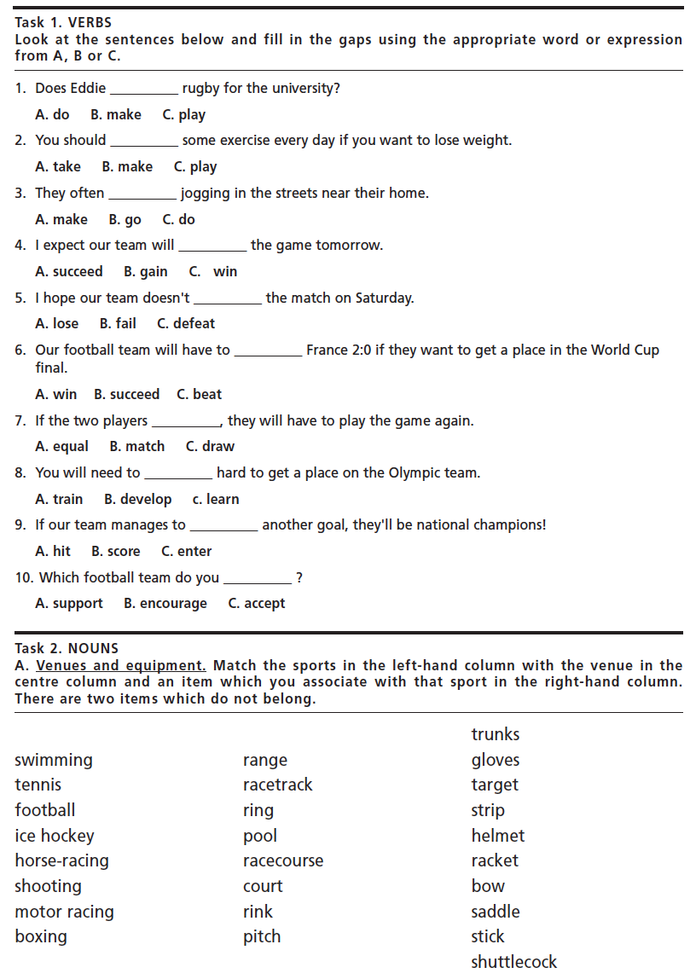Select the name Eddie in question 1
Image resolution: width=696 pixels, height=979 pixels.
88,89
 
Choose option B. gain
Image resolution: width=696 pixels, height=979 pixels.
146,272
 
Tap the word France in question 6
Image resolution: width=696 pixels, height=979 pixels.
327,350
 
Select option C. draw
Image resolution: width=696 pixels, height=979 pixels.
210,447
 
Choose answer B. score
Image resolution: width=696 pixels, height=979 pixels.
116,552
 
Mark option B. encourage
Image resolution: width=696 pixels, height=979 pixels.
165,604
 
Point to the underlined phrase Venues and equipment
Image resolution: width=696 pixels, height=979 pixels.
121,666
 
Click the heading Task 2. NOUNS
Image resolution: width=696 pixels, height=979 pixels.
67,649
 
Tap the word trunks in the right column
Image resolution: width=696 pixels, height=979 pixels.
495,734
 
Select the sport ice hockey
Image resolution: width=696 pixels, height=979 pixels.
55,836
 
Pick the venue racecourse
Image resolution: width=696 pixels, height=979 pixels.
283,861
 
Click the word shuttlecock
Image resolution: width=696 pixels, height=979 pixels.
513,962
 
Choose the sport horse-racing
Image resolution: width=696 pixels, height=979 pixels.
62,861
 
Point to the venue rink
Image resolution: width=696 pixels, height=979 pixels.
258,912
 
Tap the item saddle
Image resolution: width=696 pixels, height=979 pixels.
495,912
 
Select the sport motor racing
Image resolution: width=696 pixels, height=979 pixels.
64,912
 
